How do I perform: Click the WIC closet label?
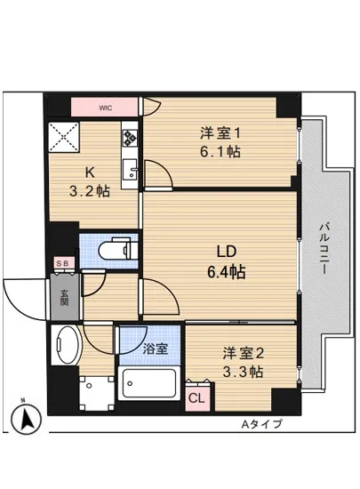[x=105, y=108]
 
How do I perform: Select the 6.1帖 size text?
[x=220, y=151]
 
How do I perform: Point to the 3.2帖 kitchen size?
[x=91, y=190]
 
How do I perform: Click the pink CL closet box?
[x=196, y=399]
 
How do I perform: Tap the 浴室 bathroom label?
[x=154, y=349]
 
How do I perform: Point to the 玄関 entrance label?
[x=65, y=298]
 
